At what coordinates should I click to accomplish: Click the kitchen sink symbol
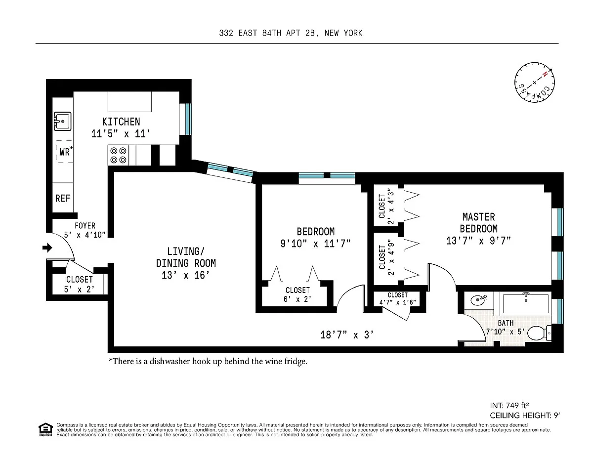62,122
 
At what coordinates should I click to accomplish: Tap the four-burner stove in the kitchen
118,155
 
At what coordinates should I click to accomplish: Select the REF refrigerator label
62,198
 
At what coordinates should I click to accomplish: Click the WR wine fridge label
66,151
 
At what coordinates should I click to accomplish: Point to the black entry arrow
47,248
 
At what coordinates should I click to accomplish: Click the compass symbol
534,83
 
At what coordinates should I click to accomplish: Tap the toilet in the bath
539,333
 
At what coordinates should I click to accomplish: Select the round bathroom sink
478,300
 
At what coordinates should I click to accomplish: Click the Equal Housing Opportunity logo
45,430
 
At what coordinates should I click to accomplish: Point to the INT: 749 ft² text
509,405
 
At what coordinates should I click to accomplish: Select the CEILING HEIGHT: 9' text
525,416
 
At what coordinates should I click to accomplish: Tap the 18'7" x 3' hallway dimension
347,334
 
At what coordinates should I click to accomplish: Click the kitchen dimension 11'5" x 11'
121,134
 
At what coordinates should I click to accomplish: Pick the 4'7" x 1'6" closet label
397,302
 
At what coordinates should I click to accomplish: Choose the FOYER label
85,226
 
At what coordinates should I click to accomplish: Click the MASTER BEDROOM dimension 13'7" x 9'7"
478,241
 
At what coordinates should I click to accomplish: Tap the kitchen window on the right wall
188,119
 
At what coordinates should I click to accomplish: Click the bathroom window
560,311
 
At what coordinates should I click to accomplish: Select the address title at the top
291,33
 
